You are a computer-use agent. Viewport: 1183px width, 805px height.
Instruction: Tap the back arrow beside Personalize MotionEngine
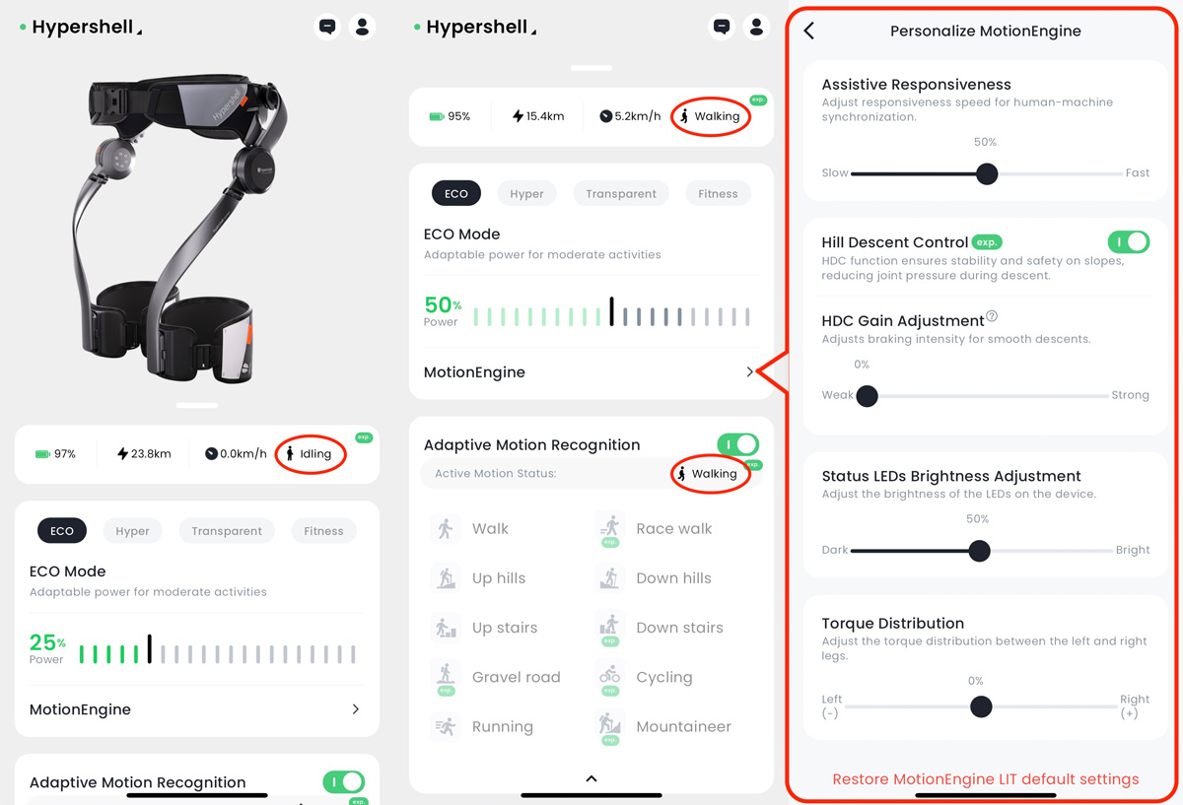pyautogui.click(x=809, y=31)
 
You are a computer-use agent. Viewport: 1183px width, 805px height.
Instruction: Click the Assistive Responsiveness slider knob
pyautogui.click(x=987, y=173)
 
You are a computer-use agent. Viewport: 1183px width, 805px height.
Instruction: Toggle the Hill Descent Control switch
pyautogui.click(x=1128, y=242)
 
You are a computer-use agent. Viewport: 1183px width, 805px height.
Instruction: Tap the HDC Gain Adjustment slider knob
pyautogui.click(x=867, y=395)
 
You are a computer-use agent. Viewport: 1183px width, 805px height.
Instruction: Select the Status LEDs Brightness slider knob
pyautogui.click(x=979, y=551)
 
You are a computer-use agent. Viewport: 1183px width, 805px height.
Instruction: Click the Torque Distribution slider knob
pyautogui.click(x=981, y=706)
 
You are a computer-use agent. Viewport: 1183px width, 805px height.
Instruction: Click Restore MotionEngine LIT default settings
pyautogui.click(x=986, y=779)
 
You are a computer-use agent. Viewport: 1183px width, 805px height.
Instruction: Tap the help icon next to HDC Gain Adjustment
pyautogui.click(x=992, y=315)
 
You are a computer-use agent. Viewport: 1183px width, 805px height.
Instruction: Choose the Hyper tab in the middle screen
pyautogui.click(x=526, y=194)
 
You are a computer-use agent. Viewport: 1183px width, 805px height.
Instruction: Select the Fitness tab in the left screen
pyautogui.click(x=323, y=531)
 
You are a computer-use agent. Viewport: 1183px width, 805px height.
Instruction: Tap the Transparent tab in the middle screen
pyautogui.click(x=620, y=194)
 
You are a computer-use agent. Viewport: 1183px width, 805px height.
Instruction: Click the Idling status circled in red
pyautogui.click(x=310, y=454)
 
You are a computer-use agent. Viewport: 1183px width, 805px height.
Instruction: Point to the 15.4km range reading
pyautogui.click(x=538, y=116)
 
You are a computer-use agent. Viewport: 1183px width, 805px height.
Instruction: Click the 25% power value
pyautogui.click(x=47, y=642)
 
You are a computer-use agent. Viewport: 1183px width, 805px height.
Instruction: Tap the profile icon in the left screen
pyautogui.click(x=363, y=27)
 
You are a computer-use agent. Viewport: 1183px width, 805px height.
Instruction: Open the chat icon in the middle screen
pyautogui.click(x=722, y=27)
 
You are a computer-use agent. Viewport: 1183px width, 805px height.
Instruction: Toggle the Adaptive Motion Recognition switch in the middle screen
pyautogui.click(x=737, y=444)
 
